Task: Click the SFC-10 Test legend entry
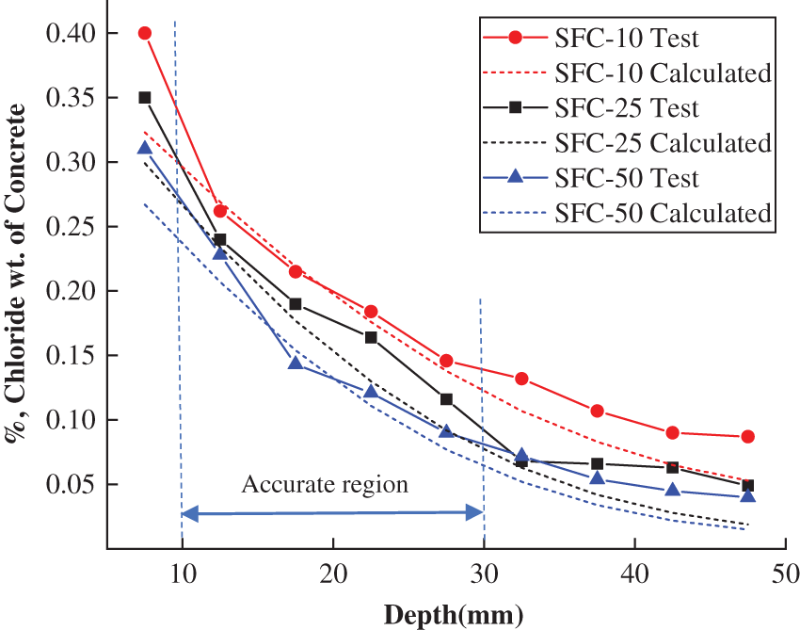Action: tap(626, 38)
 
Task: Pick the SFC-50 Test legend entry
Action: tap(626, 178)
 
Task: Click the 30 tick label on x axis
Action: tap(484, 573)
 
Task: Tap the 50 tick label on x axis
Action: tap(785, 573)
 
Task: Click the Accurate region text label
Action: tap(325, 485)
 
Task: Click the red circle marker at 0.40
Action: tap(145, 33)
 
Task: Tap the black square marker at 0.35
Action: tap(145, 97)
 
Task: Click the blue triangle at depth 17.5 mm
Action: tap(296, 363)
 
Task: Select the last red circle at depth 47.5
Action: tap(747, 437)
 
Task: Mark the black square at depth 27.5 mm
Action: tap(446, 399)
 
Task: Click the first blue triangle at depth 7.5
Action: tap(145, 148)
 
